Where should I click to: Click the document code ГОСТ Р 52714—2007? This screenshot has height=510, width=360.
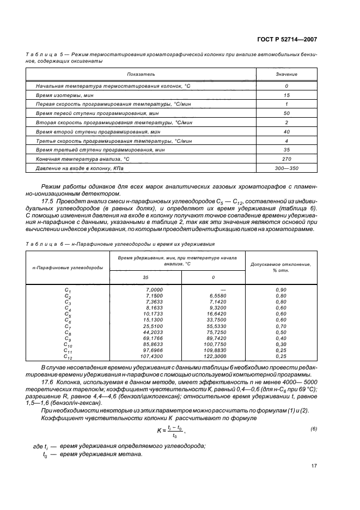pos(288,39)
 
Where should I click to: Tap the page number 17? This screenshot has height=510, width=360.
pos(314,465)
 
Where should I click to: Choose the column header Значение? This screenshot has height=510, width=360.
pos(286,74)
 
